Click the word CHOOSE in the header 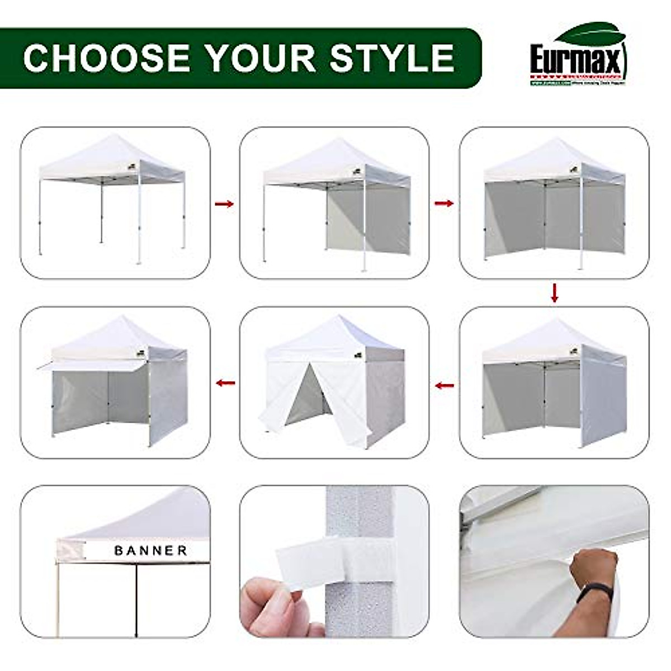[x=107, y=58]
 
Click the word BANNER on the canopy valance [x=151, y=551]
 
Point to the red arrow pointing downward [x=554, y=293]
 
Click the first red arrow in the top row [x=224, y=204]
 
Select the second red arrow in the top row [x=444, y=204]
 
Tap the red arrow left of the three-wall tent [x=445, y=385]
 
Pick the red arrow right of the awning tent [x=225, y=383]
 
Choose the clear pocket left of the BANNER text [x=71, y=551]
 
